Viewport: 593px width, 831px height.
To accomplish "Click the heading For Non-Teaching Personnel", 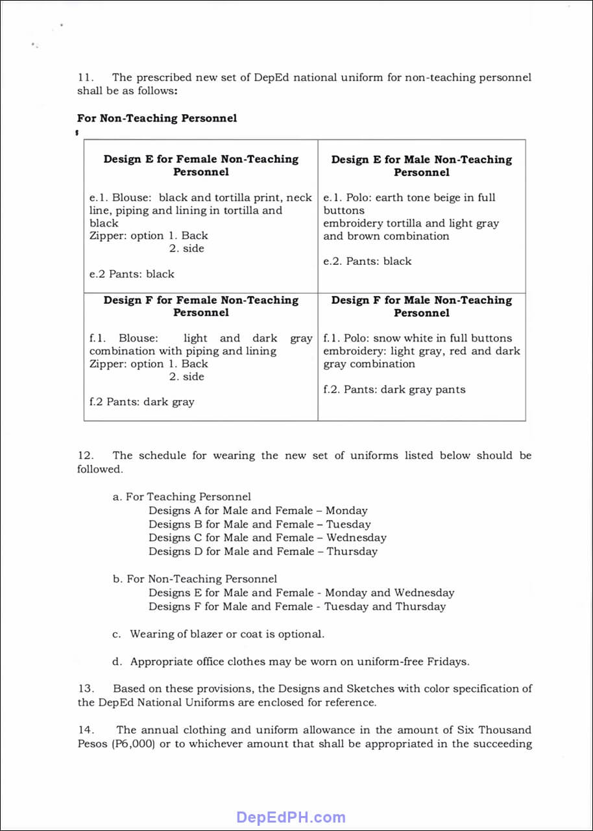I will pyautogui.click(x=156, y=118).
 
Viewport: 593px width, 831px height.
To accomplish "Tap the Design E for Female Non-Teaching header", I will pyautogui.click(x=200, y=165).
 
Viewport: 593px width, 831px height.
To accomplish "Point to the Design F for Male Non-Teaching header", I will pyautogui.click(x=421, y=306).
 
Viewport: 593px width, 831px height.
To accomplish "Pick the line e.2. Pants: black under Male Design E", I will pyautogui.click(x=367, y=261).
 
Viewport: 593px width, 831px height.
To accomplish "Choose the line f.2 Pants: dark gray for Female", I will pyautogui.click(x=141, y=402).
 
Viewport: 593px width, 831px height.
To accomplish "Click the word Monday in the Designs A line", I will pyautogui.click(x=346, y=511).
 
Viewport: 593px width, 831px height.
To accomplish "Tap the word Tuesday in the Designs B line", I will pyautogui.click(x=348, y=525).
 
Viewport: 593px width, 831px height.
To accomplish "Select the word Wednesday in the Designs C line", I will pyautogui.click(x=356, y=538).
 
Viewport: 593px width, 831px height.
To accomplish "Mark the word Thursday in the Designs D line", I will pyautogui.click(x=352, y=552).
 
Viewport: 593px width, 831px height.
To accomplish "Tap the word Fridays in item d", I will pyautogui.click(x=448, y=662).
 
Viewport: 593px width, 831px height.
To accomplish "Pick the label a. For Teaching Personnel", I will pyautogui.click(x=182, y=497).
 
